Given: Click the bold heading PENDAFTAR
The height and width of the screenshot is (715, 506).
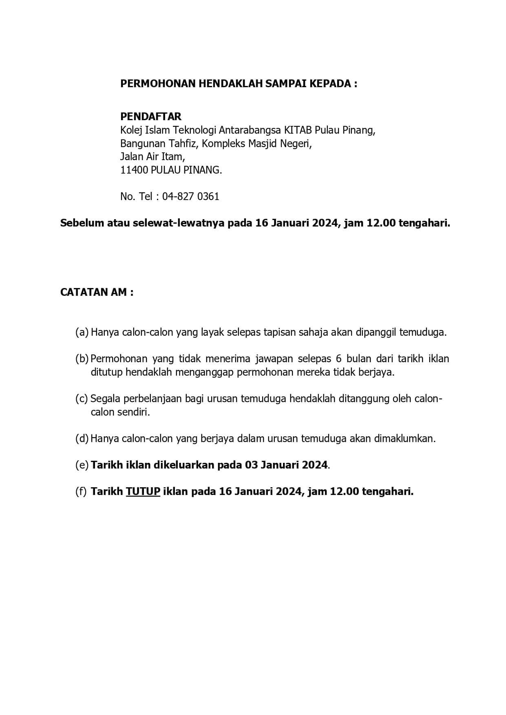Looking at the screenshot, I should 150,117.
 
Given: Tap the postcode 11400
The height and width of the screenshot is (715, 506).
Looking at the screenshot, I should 134,170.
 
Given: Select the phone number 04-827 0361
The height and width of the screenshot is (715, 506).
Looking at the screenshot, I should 190,196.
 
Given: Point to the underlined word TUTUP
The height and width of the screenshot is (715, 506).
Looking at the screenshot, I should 143,491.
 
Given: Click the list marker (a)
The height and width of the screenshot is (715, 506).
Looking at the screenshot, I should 82,332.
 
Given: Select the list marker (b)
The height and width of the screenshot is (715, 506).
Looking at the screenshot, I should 82,359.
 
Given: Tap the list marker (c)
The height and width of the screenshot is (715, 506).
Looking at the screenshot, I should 82,398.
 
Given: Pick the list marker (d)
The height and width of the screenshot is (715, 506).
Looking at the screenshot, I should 82,439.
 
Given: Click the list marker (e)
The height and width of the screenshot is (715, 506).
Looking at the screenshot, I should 82,465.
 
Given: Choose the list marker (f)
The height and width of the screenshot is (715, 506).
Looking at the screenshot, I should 81,491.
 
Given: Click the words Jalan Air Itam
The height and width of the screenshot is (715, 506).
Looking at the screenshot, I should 152,156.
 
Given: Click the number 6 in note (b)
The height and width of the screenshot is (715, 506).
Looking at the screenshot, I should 338,359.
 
